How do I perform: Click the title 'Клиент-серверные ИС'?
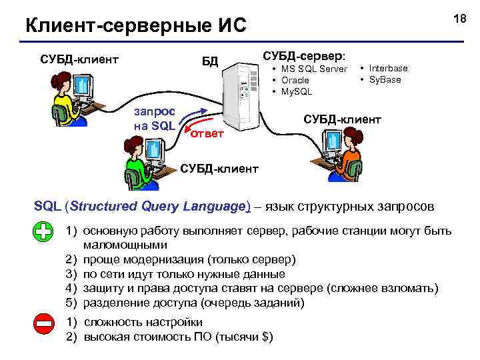coord(135,26)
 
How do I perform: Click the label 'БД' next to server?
coord(210,62)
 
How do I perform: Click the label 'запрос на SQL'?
coord(154,117)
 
